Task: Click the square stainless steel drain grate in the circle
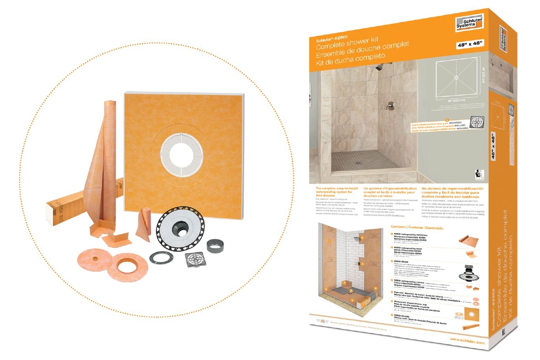[x=195, y=259]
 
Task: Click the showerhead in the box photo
[x=379, y=67]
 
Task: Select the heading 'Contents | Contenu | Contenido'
[x=417, y=228]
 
